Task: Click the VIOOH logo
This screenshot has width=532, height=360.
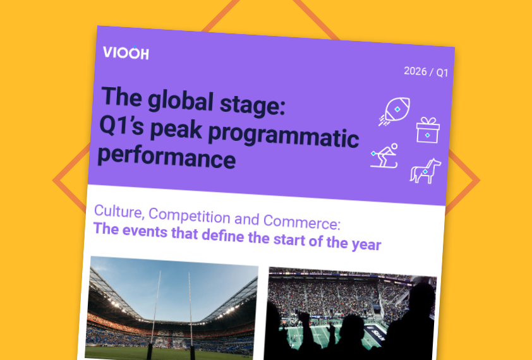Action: [126, 52]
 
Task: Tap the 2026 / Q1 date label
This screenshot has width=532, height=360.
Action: [426, 72]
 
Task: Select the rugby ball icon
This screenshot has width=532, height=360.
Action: [395, 111]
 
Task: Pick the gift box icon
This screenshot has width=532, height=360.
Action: [428, 130]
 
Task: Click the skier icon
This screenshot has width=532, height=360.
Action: [384, 156]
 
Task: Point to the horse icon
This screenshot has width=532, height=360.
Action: [425, 171]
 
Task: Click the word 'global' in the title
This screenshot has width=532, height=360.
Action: [181, 101]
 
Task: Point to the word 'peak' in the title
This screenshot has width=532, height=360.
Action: [176, 129]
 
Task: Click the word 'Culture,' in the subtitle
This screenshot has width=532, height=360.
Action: [118, 212]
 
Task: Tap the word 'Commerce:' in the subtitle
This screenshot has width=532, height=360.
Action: [301, 221]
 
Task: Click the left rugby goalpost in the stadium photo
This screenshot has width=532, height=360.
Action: [155, 314]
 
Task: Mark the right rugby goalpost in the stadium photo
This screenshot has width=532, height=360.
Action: [191, 315]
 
